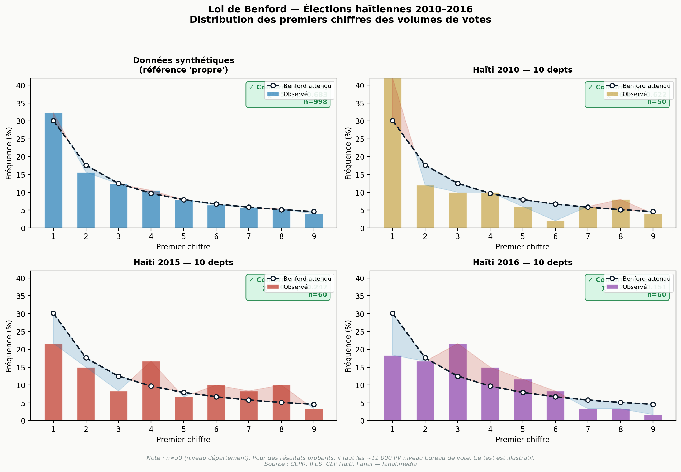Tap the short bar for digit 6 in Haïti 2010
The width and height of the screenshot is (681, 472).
click(555, 225)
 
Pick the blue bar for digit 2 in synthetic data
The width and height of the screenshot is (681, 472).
click(86, 200)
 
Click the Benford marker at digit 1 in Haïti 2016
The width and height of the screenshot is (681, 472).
click(392, 313)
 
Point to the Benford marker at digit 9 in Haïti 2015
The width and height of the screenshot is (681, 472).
click(314, 404)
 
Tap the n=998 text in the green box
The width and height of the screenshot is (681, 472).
click(315, 102)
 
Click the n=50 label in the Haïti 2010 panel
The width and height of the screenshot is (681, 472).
click(656, 102)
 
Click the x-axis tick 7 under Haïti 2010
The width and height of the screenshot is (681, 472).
click(588, 236)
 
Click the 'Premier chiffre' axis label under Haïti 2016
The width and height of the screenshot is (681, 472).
click(522, 440)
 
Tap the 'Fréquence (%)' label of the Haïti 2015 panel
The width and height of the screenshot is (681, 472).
click(9, 346)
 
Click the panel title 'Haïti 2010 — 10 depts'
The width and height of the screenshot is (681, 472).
click(522, 70)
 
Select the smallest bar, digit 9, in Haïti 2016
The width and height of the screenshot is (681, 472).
click(653, 418)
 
